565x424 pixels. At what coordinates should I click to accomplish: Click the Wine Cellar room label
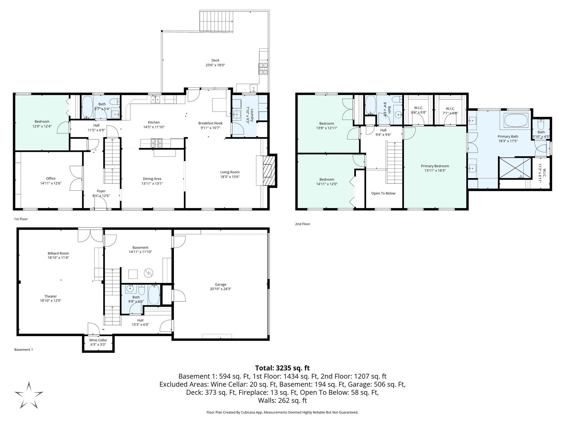click(x=98, y=340)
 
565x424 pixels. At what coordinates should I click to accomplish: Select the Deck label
click(x=215, y=60)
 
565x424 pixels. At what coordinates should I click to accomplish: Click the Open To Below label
click(x=383, y=193)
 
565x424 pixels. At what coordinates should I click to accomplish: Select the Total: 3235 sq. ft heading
click(x=282, y=368)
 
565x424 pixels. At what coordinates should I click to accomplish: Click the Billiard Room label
click(x=58, y=253)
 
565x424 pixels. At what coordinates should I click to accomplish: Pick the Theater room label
click(x=50, y=296)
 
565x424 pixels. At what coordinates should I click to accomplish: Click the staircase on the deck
click(x=216, y=21)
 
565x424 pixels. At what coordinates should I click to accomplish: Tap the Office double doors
click(x=76, y=178)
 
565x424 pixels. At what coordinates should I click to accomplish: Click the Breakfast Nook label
click(x=210, y=123)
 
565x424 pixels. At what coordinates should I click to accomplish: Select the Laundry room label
click(x=252, y=116)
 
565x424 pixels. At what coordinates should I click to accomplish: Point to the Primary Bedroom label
click(x=435, y=166)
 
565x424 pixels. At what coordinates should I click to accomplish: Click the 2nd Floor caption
click(x=302, y=224)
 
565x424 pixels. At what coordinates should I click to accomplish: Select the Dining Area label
click(x=152, y=179)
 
